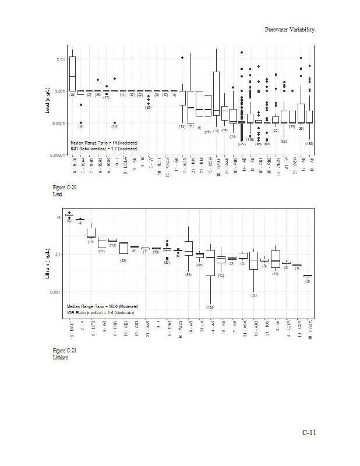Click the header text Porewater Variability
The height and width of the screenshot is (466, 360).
pyautogui.click(x=290, y=29)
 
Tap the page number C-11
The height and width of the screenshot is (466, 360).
pyautogui.click(x=308, y=432)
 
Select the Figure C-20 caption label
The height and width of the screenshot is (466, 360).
pyautogui.click(x=64, y=188)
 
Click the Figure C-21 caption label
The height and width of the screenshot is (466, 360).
pyautogui.click(x=64, y=350)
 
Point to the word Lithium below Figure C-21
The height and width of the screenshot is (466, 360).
pyautogui.click(x=61, y=357)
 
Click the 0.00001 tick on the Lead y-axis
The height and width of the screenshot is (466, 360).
pyautogui.click(x=58, y=155)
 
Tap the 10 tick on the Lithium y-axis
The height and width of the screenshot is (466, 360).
pyautogui.click(x=58, y=218)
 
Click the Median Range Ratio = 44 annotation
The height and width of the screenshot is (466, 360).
pyautogui.click(x=104, y=143)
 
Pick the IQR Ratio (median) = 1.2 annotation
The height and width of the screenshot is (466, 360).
pyautogui.click(x=104, y=149)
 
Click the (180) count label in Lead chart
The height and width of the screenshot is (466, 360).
pyautogui.click(x=309, y=143)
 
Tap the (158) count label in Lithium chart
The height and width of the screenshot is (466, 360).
pyautogui.click(x=210, y=306)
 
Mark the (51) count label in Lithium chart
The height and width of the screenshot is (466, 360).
pyautogui.click(x=188, y=274)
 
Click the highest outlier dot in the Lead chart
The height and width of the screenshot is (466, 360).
pyautogui.click(x=242, y=52)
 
